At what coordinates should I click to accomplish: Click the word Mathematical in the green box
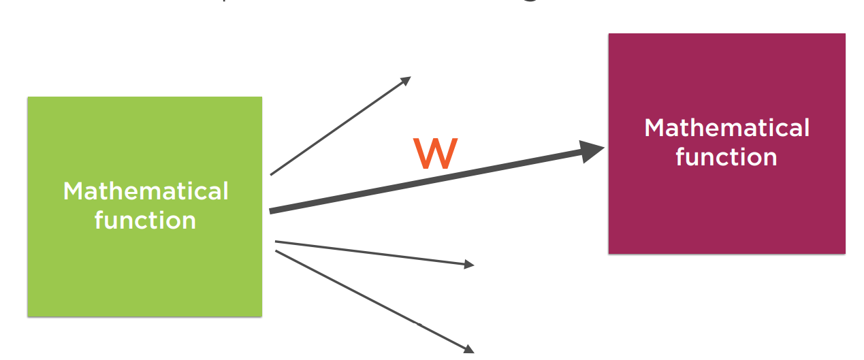pos(146,191)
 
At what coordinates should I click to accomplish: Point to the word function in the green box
pos(145,220)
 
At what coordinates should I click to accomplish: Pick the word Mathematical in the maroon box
pos(726,128)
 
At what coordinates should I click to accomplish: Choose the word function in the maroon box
pos(726,157)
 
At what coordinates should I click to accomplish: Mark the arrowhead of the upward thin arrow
pos(406,80)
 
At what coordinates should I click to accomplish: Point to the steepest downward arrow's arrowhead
pos(469,349)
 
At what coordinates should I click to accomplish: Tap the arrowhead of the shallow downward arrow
pos(469,264)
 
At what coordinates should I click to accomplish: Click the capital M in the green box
pos(74,191)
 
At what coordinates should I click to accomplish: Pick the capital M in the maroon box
pos(655,128)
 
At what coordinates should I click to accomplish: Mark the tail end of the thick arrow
pos(272,211)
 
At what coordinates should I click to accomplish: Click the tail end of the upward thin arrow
pos(272,174)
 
